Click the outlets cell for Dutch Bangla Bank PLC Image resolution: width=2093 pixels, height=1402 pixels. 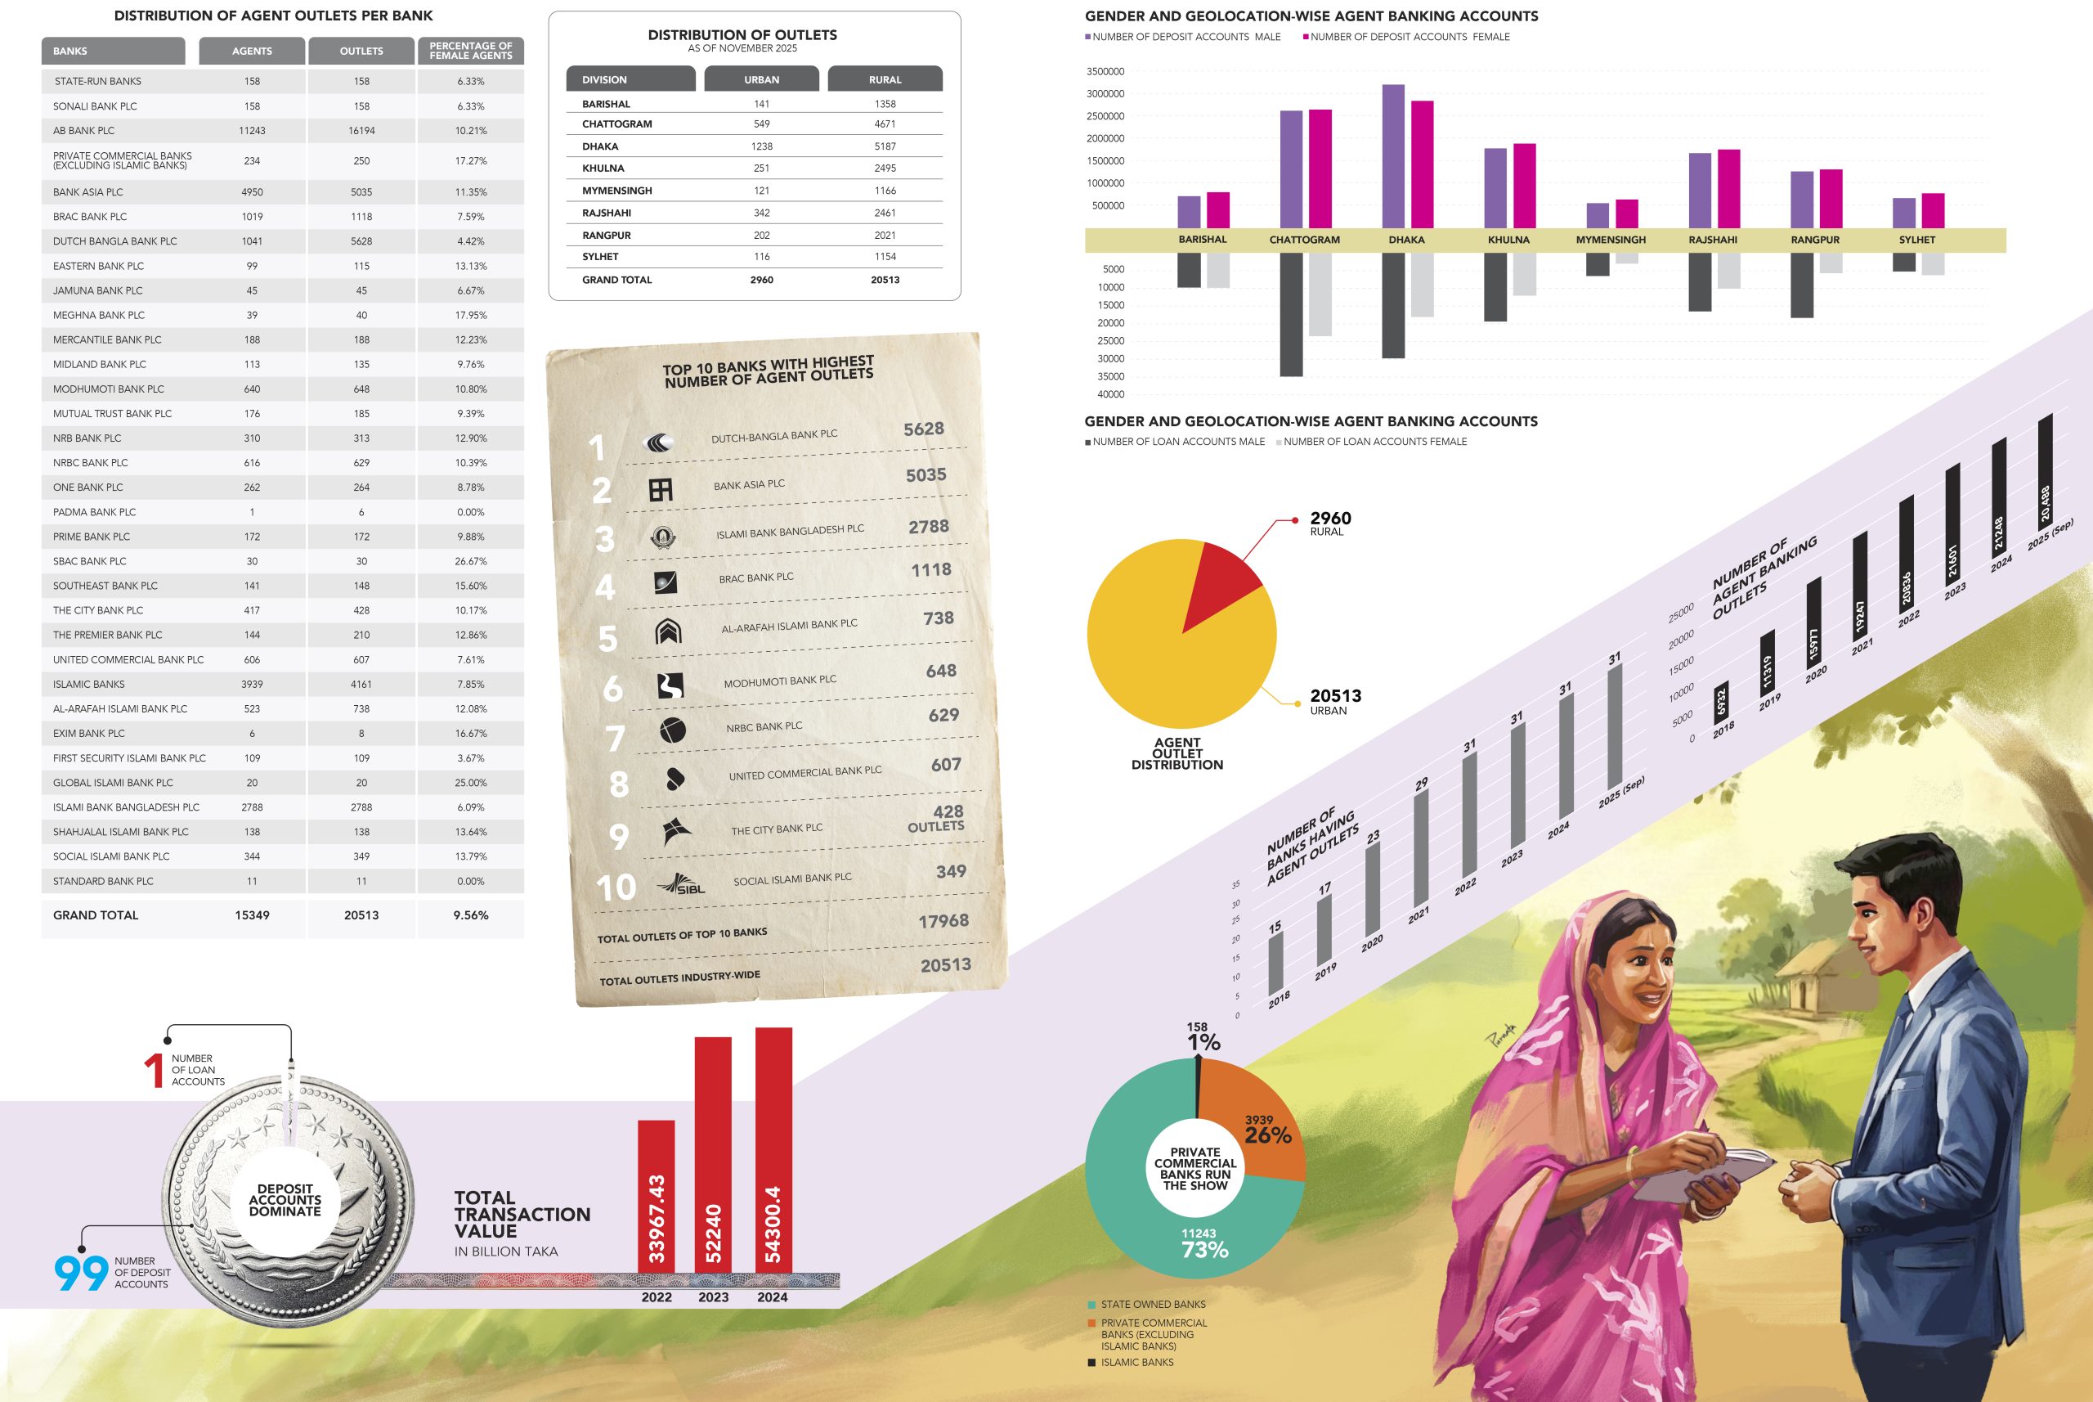pyautogui.click(x=361, y=241)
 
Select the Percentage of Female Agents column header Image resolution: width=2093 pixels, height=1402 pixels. pyautogui.click(x=471, y=51)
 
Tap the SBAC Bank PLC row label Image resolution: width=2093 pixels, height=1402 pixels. pyautogui.click(x=89, y=561)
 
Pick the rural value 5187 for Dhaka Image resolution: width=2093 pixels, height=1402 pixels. pyautogui.click(x=885, y=146)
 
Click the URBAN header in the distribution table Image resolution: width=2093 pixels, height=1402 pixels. pyautogui.click(x=761, y=79)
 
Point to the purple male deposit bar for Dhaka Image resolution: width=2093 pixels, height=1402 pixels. pyautogui.click(x=1393, y=156)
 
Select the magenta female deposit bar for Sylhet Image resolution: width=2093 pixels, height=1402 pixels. pyautogui.click(x=1933, y=211)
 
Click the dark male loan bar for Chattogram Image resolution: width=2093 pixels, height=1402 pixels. pyautogui.click(x=1292, y=315)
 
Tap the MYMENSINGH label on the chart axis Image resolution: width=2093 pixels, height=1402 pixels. pyautogui.click(x=1611, y=240)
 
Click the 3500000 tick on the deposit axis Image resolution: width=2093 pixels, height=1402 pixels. pyautogui.click(x=1105, y=71)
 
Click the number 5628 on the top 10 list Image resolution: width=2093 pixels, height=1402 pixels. pyautogui.click(x=924, y=429)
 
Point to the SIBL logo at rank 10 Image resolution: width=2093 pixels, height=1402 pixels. pyautogui.click(x=681, y=884)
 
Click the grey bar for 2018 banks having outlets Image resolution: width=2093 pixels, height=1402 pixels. pyautogui.click(x=1275, y=964)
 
